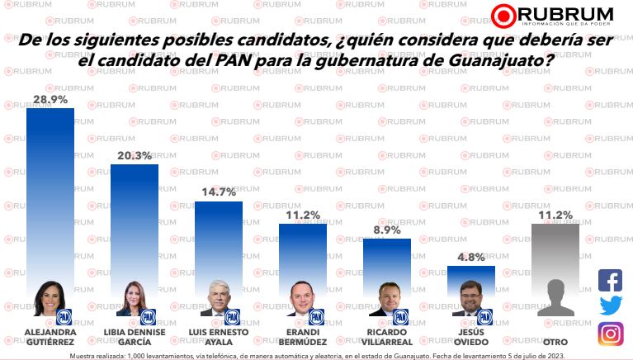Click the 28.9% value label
50,99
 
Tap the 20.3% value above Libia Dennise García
135,155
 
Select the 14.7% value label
218,192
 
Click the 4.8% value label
470,257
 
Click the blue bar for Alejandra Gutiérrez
50,190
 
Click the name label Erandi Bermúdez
302,337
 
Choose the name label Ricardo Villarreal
386,337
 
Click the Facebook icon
610,281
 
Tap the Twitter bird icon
610,306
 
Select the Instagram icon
610,333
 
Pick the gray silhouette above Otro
555,298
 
